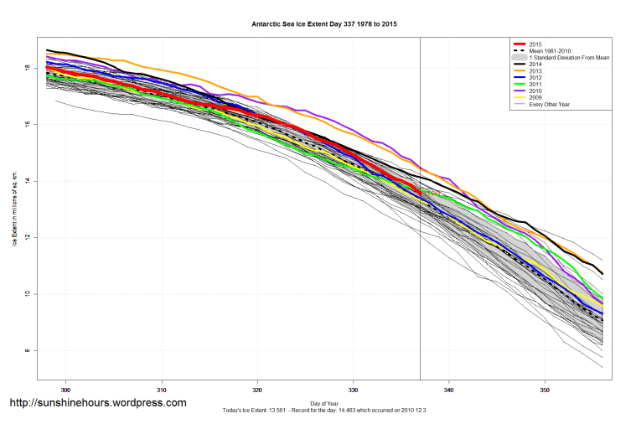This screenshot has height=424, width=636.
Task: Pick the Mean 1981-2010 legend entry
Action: [553, 51]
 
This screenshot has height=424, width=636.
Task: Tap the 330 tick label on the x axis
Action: [354, 390]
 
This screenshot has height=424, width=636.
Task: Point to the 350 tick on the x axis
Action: [546, 390]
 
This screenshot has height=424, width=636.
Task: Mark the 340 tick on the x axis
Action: [450, 390]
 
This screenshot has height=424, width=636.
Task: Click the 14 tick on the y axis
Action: [28, 181]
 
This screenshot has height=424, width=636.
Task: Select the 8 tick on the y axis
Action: [28, 350]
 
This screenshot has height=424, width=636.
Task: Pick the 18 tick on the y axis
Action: [28, 68]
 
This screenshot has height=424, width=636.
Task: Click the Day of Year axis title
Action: [324, 402]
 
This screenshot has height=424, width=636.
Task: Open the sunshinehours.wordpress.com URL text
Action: [97, 403]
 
